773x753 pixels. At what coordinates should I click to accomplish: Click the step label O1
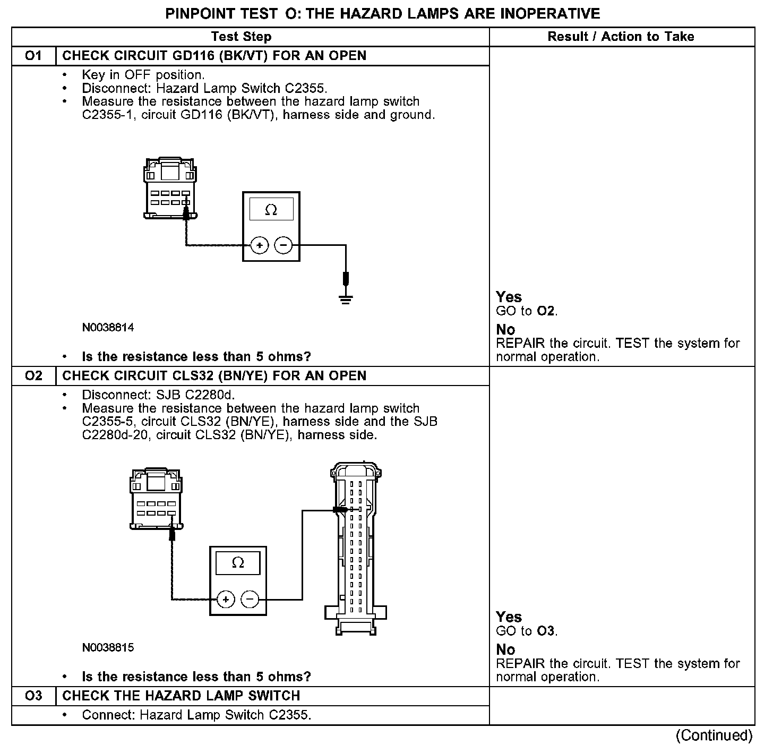(33, 56)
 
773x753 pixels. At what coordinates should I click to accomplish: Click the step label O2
(33, 376)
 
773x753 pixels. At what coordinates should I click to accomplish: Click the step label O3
(33, 696)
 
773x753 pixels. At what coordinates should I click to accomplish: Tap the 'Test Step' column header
(241, 37)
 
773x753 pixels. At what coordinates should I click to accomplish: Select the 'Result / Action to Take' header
(621, 37)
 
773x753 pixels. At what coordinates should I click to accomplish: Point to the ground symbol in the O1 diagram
(346, 299)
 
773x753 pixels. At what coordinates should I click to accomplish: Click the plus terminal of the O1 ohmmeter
(260, 245)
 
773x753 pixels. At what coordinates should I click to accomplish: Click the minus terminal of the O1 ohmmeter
(283, 245)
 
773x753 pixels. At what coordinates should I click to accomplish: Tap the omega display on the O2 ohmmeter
(238, 563)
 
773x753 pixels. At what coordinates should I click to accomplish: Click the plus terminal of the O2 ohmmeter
(226, 600)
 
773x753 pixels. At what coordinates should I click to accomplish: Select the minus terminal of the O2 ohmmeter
(250, 600)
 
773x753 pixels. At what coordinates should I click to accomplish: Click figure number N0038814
(108, 328)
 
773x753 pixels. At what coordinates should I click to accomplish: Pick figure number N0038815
(108, 648)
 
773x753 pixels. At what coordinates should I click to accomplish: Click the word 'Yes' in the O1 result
(509, 297)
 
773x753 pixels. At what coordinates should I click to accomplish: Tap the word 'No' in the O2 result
(505, 649)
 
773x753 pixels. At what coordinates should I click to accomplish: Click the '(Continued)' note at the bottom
(714, 735)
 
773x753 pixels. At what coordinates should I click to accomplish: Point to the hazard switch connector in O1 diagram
(169, 188)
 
